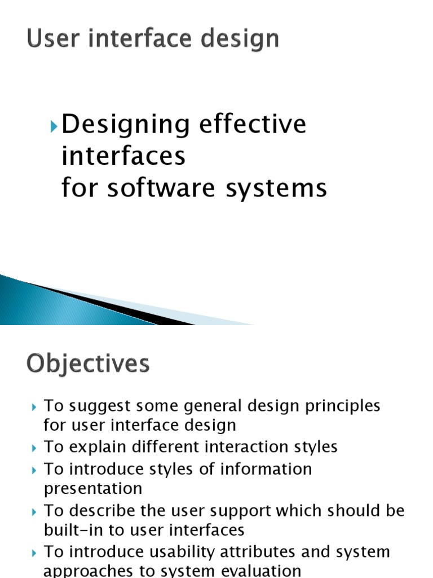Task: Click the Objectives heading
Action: (88, 364)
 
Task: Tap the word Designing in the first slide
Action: (125, 125)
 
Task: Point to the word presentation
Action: (93, 489)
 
